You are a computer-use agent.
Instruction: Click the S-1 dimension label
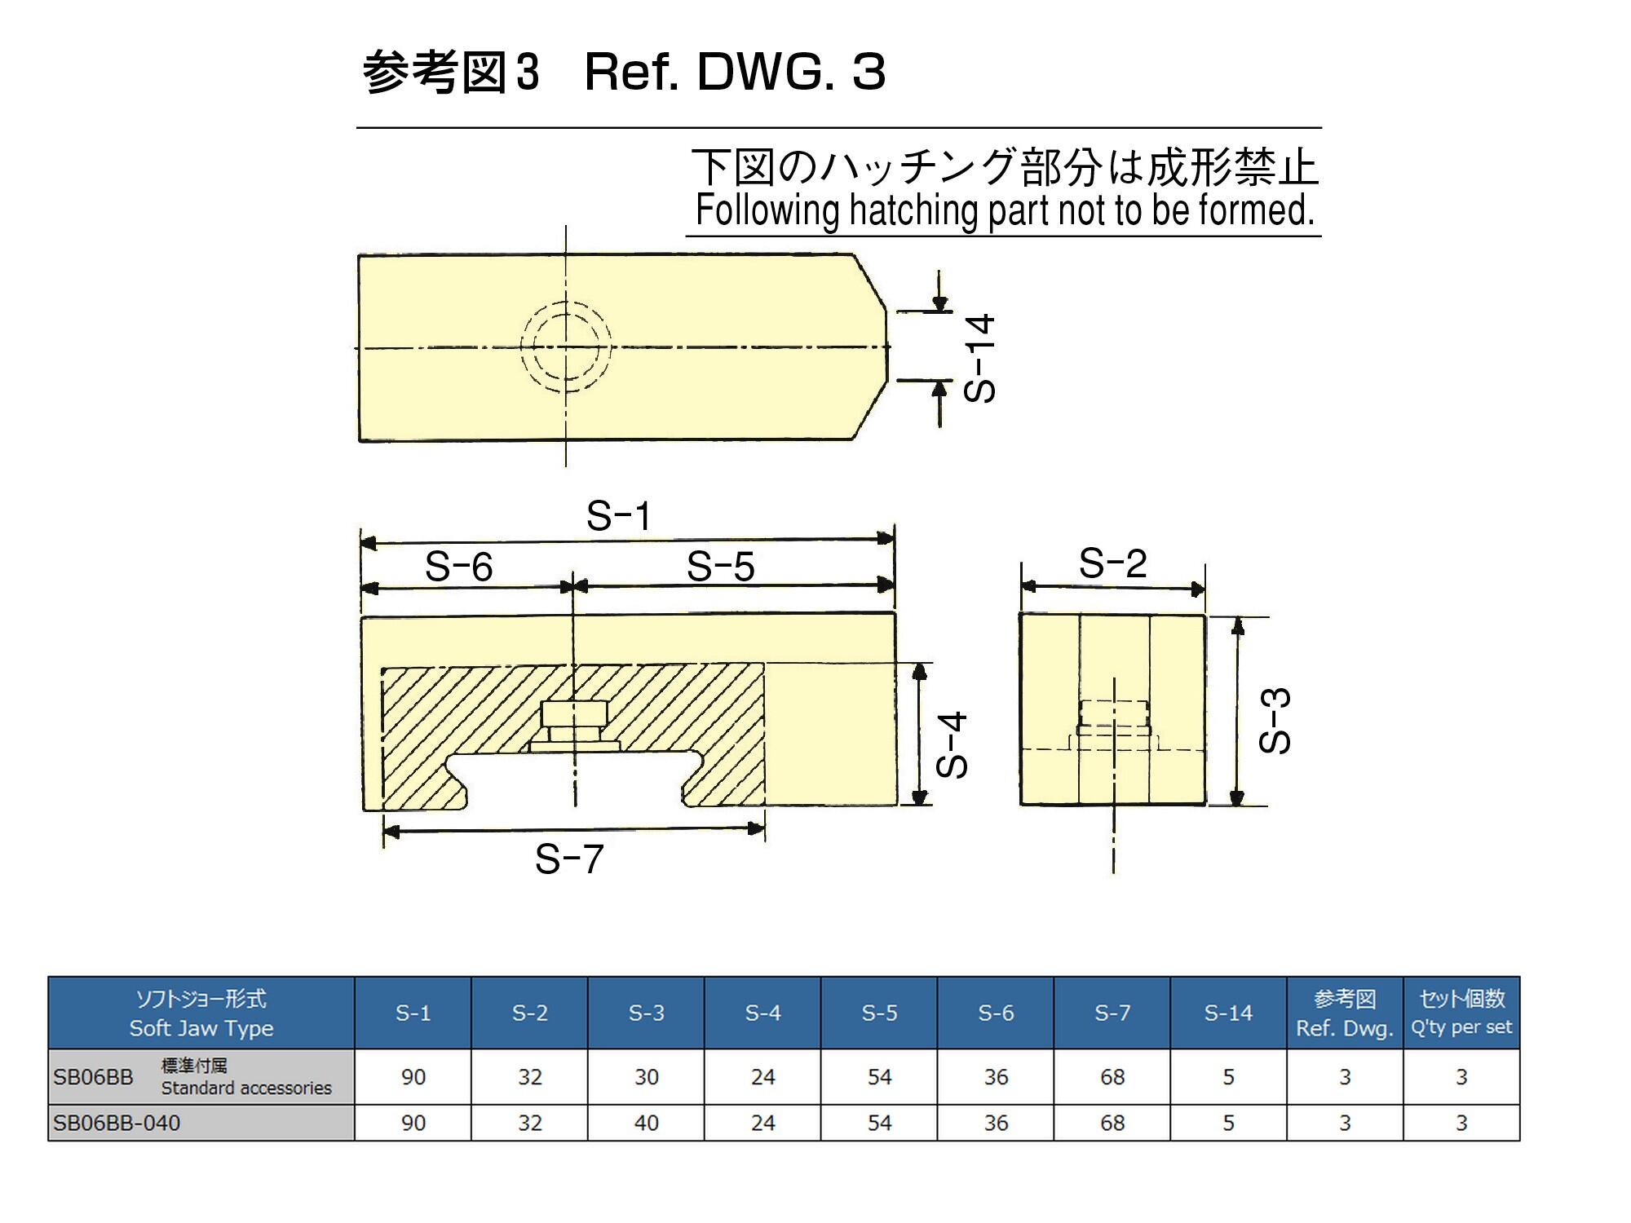(x=619, y=516)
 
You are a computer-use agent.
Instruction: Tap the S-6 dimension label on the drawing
(x=459, y=567)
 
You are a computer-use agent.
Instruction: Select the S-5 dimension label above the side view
(x=721, y=567)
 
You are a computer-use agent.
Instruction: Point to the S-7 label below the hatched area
(x=569, y=859)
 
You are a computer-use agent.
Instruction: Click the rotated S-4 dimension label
(x=952, y=744)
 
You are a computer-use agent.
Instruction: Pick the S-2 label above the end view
(x=1113, y=563)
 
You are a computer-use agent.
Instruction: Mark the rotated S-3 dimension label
(x=1275, y=721)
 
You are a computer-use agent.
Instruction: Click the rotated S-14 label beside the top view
(x=979, y=358)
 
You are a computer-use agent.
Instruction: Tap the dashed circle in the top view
(x=566, y=347)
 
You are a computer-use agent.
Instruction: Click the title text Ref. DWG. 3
(x=735, y=72)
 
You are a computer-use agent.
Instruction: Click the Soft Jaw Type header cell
(x=201, y=1013)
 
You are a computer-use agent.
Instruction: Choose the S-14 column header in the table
(x=1228, y=1013)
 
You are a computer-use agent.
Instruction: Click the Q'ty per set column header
(x=1461, y=1013)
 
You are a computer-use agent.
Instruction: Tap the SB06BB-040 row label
(x=117, y=1124)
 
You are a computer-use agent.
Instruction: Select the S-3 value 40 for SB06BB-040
(x=647, y=1124)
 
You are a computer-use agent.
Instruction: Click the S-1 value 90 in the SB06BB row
(x=413, y=1077)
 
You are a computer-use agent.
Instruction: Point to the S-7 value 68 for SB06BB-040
(x=1112, y=1124)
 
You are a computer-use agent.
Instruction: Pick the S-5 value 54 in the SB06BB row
(x=879, y=1077)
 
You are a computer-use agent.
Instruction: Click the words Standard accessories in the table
(x=246, y=1088)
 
